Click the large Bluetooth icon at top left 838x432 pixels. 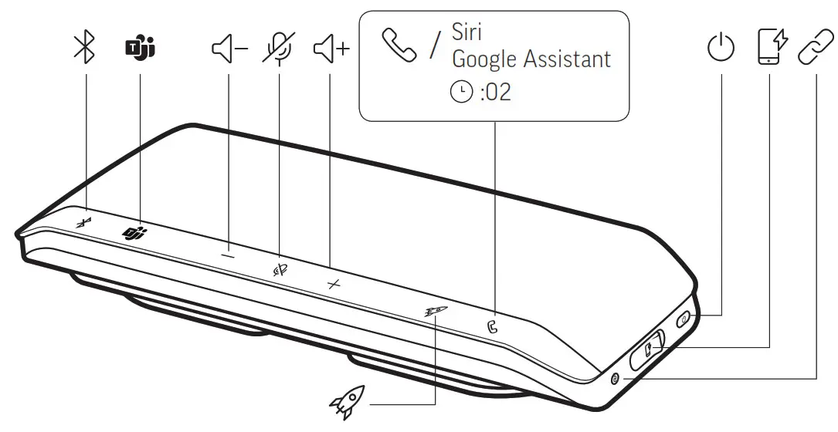coord(83,49)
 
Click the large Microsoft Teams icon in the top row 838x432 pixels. coord(140,49)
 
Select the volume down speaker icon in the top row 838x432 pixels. coord(229,49)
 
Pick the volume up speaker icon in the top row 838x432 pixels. coord(331,49)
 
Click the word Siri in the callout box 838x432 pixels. coord(466,34)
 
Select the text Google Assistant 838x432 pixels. coord(531,59)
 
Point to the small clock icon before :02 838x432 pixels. coord(462,93)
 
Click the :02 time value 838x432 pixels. coord(495,93)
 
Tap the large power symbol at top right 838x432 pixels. coord(721,49)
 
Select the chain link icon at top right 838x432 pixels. coord(816,48)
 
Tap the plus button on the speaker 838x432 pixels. coord(333,284)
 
